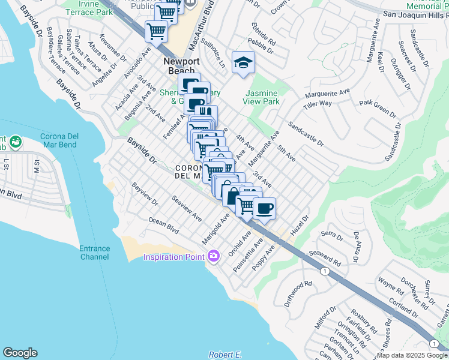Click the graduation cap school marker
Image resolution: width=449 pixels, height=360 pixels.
click(x=243, y=63)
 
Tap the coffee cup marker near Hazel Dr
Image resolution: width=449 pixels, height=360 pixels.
click(x=264, y=209)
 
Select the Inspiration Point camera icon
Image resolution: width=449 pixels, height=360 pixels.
click(x=214, y=256)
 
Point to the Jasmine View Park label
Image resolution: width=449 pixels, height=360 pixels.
click(x=262, y=98)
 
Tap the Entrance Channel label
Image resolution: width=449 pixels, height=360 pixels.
click(x=94, y=253)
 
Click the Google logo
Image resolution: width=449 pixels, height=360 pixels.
click(x=20, y=353)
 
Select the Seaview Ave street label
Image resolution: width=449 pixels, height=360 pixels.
click(x=187, y=208)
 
